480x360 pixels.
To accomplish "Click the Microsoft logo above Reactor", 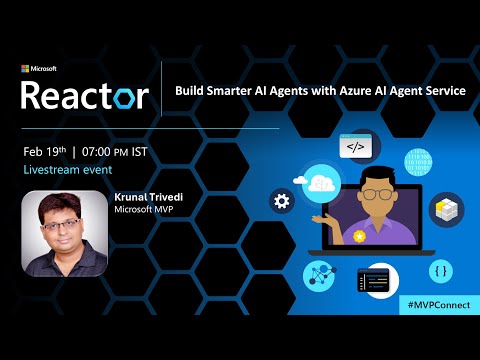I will pos(40,69).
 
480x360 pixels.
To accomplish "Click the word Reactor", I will pos(86,95).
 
